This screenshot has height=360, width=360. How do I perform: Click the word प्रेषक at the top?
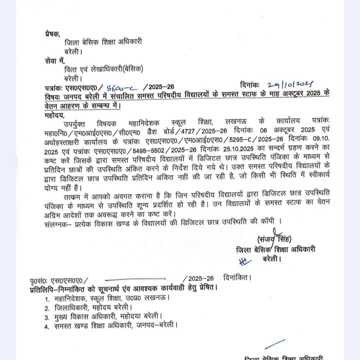[x=51, y=34]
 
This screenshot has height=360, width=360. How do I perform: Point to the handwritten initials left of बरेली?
[x=243, y=259]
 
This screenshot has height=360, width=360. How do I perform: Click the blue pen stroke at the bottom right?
[x=275, y=344]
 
